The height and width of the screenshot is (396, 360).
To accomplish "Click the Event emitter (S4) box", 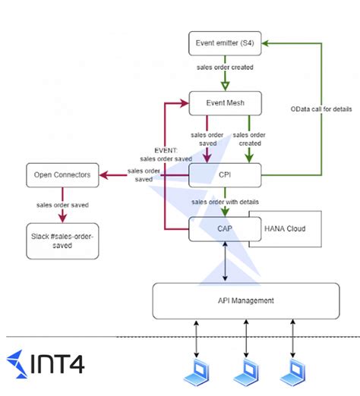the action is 225,43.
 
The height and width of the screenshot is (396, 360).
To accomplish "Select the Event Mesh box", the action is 225,103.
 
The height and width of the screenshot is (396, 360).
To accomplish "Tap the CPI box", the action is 225,175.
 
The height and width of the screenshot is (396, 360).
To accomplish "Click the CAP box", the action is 225,229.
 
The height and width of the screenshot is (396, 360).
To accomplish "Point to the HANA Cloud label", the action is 285,228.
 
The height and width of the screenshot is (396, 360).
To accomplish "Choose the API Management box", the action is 246,301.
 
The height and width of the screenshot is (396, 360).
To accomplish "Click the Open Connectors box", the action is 62,175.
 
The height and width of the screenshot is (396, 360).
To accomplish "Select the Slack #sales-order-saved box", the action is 62,241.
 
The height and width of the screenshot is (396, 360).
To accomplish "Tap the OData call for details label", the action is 321,109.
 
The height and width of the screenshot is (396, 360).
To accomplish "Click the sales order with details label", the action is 225,202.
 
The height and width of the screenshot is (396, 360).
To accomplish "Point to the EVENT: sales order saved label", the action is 166,155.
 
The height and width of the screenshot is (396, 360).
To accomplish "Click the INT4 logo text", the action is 57,364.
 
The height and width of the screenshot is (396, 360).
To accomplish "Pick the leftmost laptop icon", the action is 197,372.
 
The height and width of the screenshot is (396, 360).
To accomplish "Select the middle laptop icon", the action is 246,372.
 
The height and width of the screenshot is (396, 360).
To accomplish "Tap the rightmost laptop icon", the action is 292,372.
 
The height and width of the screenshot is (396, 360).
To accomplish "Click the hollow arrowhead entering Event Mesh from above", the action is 225,86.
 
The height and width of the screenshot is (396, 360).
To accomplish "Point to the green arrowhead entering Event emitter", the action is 265,43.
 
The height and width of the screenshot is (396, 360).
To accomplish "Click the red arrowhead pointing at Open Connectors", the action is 104,175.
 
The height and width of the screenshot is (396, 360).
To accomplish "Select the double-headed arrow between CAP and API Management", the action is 225,262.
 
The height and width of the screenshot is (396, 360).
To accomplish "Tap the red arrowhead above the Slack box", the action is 62,218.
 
